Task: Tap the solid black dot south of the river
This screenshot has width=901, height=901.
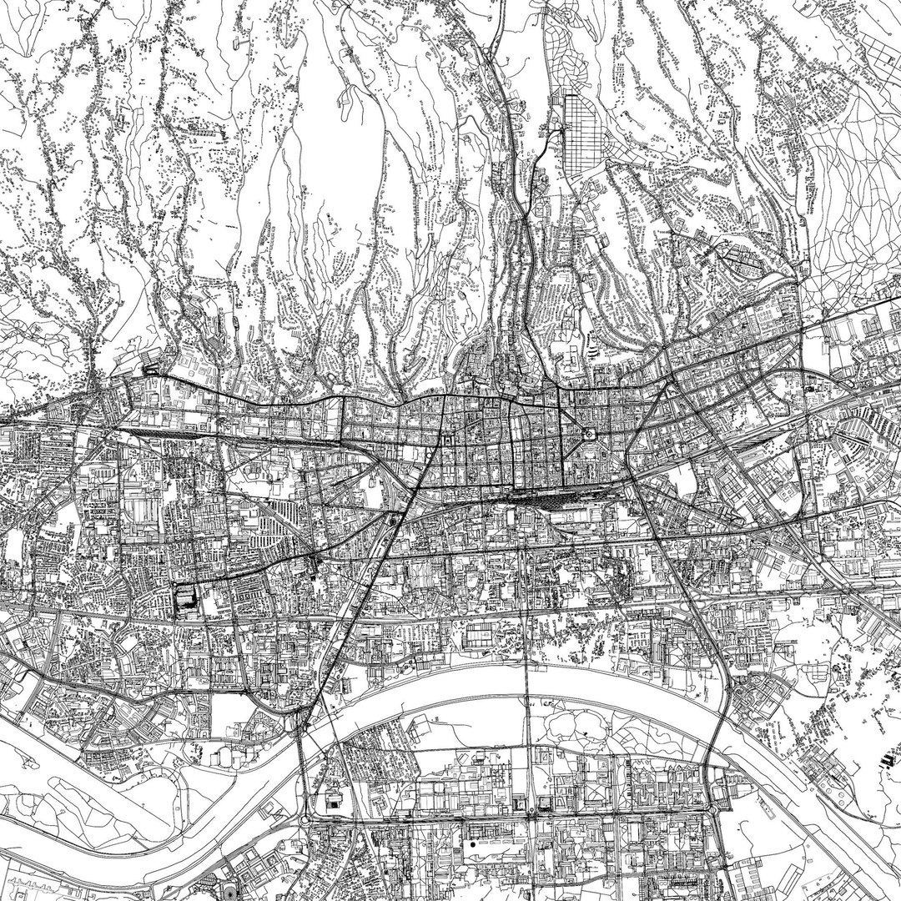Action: pos(473,843)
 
